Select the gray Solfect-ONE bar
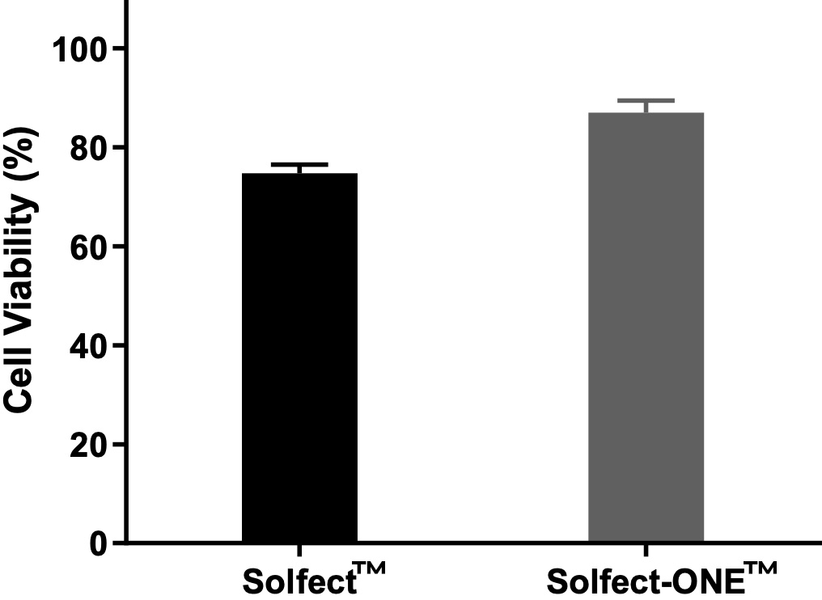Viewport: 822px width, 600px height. tap(646, 327)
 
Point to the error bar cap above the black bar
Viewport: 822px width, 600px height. tap(299, 165)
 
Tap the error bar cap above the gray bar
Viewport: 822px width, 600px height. tap(646, 100)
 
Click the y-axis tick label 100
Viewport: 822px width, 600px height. tap(79, 49)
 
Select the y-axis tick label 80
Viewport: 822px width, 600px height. tap(88, 148)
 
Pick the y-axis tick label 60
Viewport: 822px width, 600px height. tap(88, 247)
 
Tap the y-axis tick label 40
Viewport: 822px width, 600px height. tap(88, 346)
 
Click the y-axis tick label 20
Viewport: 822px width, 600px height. tap(88, 445)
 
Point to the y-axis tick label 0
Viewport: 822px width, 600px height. tap(98, 543)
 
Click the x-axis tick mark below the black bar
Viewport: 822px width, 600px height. tap(299, 551)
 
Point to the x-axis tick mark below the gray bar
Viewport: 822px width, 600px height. tap(646, 551)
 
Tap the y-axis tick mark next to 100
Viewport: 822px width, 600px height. tap(119, 49)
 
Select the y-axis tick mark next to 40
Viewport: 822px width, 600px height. tap(119, 345)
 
